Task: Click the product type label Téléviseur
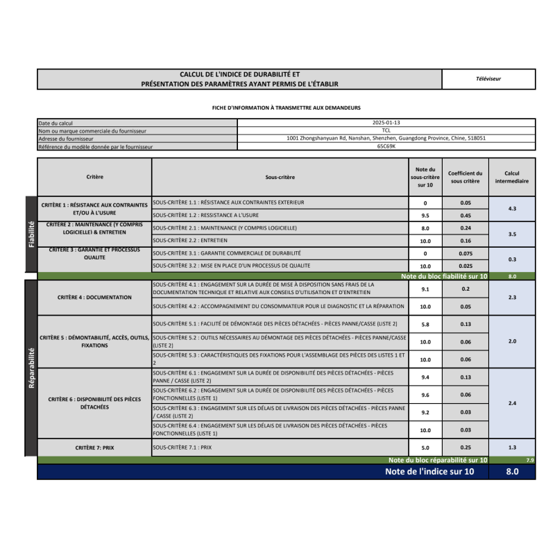pyautogui.click(x=488, y=79)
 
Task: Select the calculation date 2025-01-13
pyautogui.click(x=386, y=123)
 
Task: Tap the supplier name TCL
pyautogui.click(x=386, y=130)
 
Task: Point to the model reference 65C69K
pyautogui.click(x=386, y=146)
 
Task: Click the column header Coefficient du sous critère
pyautogui.click(x=465, y=177)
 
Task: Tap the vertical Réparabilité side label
pyautogui.click(x=31, y=368)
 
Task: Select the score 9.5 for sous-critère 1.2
pyautogui.click(x=425, y=215)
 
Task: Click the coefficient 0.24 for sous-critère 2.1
pyautogui.click(x=465, y=228)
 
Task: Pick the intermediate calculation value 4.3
pyautogui.click(x=512, y=209)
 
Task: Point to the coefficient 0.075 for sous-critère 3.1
pyautogui.click(x=465, y=254)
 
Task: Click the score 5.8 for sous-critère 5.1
pyautogui.click(x=425, y=324)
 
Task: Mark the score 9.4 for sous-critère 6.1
pyautogui.click(x=425, y=377)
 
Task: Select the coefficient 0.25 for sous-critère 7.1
pyautogui.click(x=465, y=448)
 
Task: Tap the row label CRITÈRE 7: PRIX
pyautogui.click(x=94, y=448)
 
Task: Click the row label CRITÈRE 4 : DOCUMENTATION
pyautogui.click(x=94, y=297)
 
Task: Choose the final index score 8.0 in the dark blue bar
pyautogui.click(x=512, y=472)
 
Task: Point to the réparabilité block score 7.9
pyautogui.click(x=530, y=460)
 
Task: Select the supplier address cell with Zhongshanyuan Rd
pyautogui.click(x=386, y=138)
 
